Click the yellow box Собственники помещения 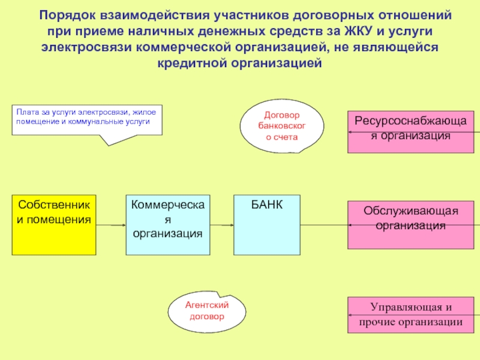[53, 224]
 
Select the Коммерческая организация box [167, 224]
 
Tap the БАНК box [267, 224]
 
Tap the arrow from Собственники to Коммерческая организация [110, 225]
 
